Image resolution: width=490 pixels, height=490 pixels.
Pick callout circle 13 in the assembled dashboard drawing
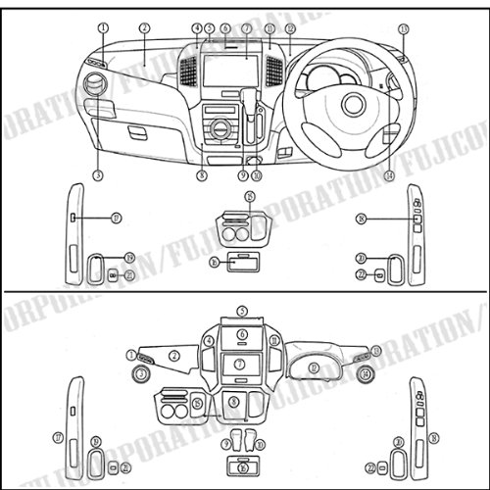404,30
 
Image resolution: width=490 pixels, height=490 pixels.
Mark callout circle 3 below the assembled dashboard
98,174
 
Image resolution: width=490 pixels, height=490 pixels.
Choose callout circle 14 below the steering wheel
389,174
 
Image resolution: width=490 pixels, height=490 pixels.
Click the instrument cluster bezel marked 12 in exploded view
313,367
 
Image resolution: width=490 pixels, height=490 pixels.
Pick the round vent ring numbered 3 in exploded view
143,373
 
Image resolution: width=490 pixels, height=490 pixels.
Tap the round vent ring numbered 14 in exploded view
365,373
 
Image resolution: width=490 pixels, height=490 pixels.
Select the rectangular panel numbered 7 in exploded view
240,365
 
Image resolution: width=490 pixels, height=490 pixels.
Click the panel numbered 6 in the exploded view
240,334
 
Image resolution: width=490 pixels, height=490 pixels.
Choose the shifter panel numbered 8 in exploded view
233,401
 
